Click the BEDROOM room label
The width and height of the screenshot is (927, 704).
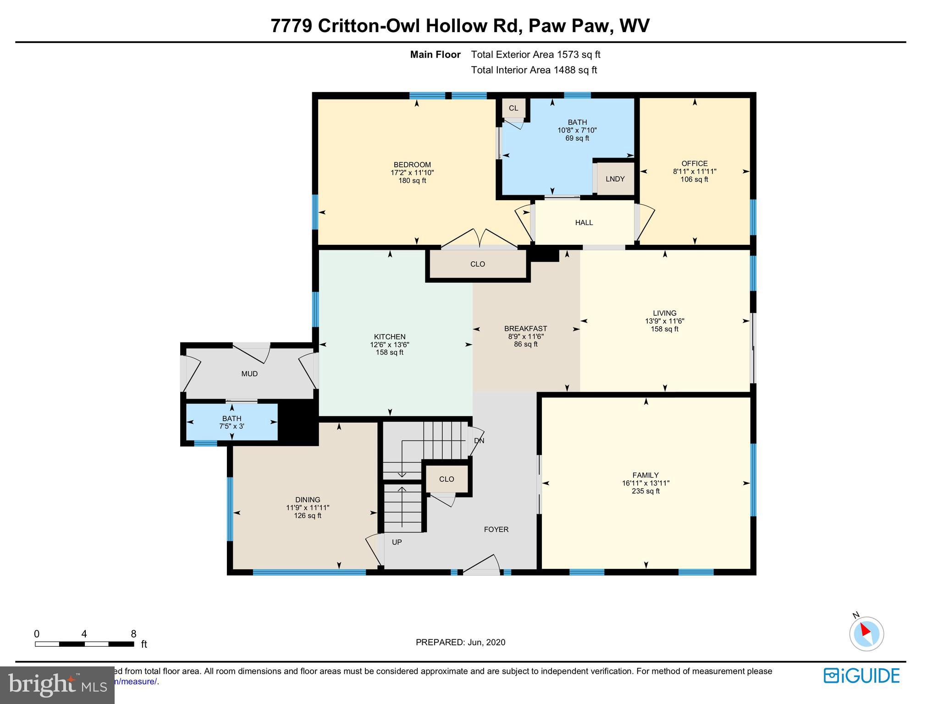(x=412, y=165)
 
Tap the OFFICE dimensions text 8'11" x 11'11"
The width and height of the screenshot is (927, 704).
(x=695, y=171)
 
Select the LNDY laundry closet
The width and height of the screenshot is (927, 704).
(x=615, y=179)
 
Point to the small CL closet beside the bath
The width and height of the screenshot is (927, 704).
(x=513, y=108)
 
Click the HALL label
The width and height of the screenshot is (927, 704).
(x=584, y=223)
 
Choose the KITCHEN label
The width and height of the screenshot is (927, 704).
(x=390, y=337)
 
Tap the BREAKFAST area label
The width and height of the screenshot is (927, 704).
(x=525, y=329)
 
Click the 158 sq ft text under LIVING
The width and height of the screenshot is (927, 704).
(x=664, y=329)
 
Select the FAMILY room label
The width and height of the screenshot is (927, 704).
(x=646, y=475)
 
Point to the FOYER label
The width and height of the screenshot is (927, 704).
(x=496, y=529)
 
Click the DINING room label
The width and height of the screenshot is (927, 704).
(x=308, y=500)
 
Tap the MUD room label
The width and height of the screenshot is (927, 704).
(x=249, y=374)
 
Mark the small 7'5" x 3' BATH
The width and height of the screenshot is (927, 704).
(x=232, y=422)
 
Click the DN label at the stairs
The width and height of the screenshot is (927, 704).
(x=479, y=441)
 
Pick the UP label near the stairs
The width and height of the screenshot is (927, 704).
(x=397, y=542)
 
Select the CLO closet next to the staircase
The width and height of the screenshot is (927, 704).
(x=447, y=479)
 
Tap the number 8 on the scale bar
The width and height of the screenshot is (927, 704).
(x=133, y=634)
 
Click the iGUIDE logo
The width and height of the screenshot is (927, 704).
(x=861, y=676)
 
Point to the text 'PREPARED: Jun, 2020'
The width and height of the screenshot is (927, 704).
(x=460, y=643)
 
